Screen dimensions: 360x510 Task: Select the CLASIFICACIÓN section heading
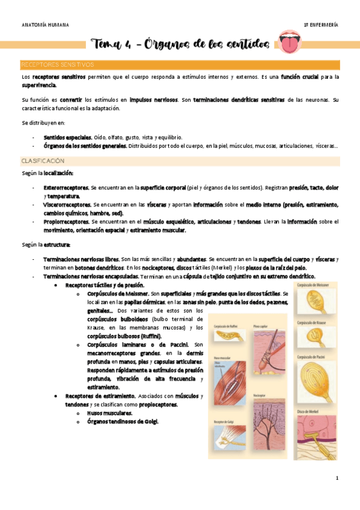tap(43, 161)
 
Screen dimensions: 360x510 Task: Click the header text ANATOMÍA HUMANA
tap(45, 25)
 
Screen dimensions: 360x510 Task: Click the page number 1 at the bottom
tap(337, 479)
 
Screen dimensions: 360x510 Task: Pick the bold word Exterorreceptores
tap(66, 188)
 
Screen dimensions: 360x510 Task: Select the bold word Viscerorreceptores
tap(67, 204)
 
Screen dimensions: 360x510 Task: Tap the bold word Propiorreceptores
tap(67, 221)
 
